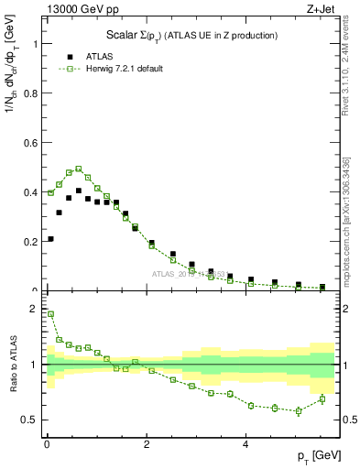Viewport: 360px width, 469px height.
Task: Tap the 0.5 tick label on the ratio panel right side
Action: click(347, 420)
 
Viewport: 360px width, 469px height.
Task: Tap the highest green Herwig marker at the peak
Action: click(79, 169)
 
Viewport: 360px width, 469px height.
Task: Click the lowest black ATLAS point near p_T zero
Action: click(49, 239)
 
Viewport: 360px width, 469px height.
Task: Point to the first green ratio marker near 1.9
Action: click(49, 314)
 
